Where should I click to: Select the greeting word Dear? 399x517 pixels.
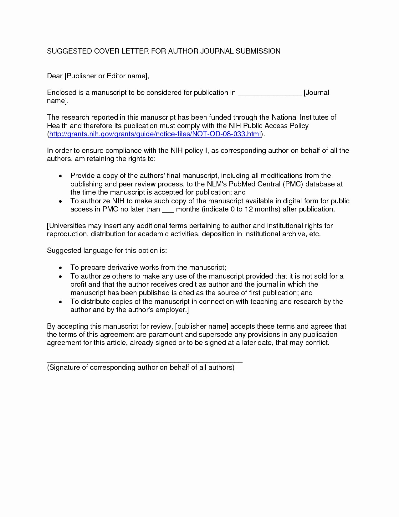point(54,76)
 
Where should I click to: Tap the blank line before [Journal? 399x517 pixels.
point(269,93)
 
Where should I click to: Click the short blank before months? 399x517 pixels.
point(168,210)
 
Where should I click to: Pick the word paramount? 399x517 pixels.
point(166,335)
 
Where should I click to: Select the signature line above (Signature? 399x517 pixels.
point(145,362)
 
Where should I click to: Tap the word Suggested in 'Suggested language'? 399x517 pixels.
point(64,251)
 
